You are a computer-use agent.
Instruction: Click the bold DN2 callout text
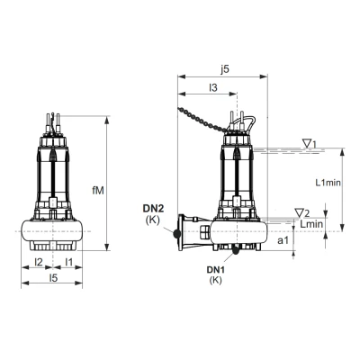[x=153, y=209]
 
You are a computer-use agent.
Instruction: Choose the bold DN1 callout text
[x=213, y=269]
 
